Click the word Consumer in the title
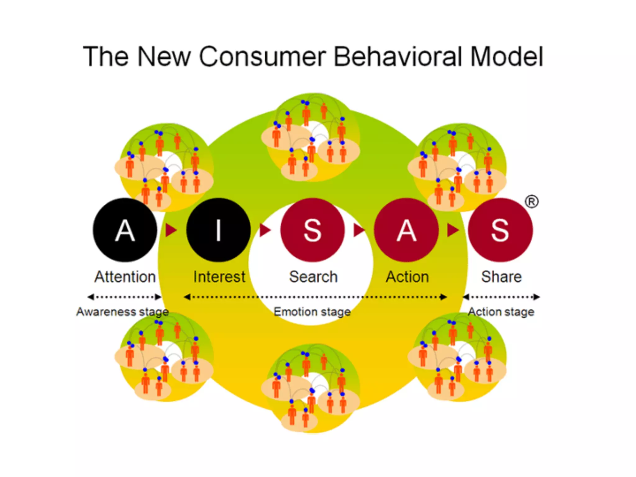[x=262, y=57]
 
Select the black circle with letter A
[x=125, y=230]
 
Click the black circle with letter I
[x=219, y=230]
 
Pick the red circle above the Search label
[x=312, y=230]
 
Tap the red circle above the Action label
[x=407, y=230]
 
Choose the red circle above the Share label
[x=500, y=230]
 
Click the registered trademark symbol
[x=532, y=202]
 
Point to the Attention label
[x=125, y=277]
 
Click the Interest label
[x=219, y=277]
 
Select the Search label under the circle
[x=313, y=277]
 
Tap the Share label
[x=501, y=277]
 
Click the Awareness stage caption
[x=122, y=311]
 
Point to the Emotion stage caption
[x=312, y=311]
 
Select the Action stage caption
[x=501, y=311]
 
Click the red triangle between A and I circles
[x=170, y=230]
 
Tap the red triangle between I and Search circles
[x=265, y=230]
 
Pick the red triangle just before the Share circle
[x=452, y=230]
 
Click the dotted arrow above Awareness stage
[x=125, y=297]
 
